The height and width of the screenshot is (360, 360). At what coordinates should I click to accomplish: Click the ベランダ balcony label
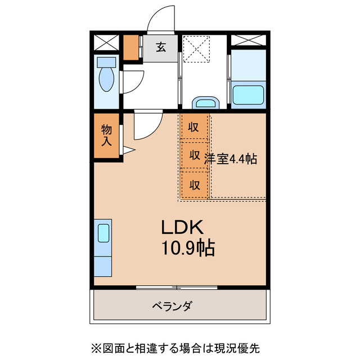pos(172,307)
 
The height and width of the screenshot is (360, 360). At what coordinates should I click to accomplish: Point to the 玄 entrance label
pos(161,47)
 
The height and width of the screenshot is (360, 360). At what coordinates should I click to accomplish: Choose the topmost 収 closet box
pos(195,127)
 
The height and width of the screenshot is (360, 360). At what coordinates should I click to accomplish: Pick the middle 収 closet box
pos(195,155)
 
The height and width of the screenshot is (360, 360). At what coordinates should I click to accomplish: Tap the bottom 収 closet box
pos(195,184)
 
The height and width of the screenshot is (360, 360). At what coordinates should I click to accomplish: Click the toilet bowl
pos(106,78)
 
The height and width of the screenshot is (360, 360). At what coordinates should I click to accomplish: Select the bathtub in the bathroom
pos(248,94)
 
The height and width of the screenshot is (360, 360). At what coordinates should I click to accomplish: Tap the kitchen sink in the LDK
pos(103,232)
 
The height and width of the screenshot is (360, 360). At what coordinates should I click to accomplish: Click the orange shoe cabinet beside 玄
pos(132,48)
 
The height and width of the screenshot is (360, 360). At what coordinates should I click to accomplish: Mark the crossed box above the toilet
pos(106,42)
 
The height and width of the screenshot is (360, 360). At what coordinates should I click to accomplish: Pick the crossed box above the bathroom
pos(248,41)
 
